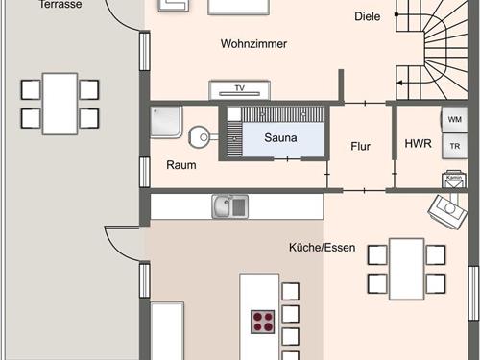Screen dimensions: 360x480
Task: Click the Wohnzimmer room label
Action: (253, 43)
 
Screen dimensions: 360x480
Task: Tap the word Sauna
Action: (281, 137)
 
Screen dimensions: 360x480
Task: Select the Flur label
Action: (361, 147)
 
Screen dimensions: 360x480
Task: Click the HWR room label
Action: (418, 145)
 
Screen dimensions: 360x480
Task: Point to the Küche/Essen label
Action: (322, 247)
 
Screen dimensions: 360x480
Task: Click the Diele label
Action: (367, 16)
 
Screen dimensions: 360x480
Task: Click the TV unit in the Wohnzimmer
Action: (240, 89)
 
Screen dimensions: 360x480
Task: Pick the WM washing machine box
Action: (454, 119)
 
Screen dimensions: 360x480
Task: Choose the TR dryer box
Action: (454, 147)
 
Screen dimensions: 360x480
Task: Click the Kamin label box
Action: (453, 177)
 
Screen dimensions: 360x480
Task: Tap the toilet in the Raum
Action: (201, 136)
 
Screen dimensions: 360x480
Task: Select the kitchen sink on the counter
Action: (229, 205)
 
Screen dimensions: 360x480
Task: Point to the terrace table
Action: (60, 104)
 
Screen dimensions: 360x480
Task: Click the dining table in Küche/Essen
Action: (407, 269)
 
